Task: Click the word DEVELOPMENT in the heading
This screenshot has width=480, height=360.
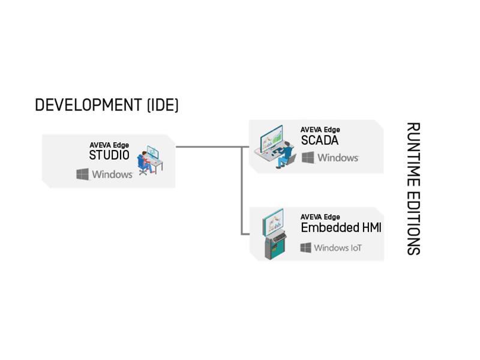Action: (x=88, y=105)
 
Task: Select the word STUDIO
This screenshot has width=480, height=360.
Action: (x=109, y=155)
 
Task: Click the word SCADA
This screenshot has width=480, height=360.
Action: (x=320, y=140)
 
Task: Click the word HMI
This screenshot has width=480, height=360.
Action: (x=372, y=228)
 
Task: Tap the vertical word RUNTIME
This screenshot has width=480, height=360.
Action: (x=413, y=155)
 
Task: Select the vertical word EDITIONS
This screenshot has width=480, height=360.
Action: (x=413, y=223)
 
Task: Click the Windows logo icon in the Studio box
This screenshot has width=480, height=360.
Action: (x=82, y=174)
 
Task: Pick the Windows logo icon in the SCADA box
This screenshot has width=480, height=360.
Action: (x=308, y=158)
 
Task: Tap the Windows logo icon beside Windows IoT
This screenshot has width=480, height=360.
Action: (x=306, y=248)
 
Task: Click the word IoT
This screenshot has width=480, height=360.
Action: (x=356, y=248)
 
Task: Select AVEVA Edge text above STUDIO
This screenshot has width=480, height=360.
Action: (x=109, y=145)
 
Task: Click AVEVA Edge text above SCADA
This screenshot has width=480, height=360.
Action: (x=320, y=130)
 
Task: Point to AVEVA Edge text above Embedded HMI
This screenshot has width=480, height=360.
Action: (x=320, y=217)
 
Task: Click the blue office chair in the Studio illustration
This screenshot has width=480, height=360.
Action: (x=142, y=164)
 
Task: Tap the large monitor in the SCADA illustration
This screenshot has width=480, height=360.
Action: (x=272, y=139)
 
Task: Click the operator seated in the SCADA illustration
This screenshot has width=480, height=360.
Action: (x=284, y=155)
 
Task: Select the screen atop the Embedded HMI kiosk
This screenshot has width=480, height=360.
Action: (x=274, y=222)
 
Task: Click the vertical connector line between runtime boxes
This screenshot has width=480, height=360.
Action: (x=242, y=191)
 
